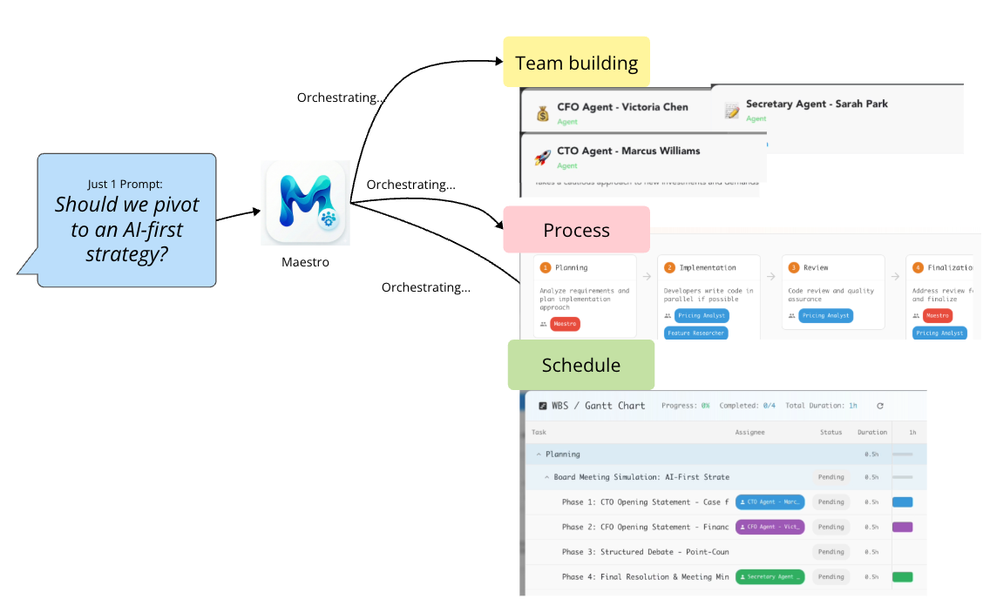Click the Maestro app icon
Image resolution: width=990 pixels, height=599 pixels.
point(305,203)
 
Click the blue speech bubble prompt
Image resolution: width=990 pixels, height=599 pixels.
point(126,220)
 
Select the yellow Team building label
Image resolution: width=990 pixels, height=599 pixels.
point(576,63)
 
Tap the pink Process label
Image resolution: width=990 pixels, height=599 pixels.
point(576,230)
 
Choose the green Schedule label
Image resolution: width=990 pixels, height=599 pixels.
point(580,365)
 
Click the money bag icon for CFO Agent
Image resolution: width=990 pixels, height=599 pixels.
point(542,112)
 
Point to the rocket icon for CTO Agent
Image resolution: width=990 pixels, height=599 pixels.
point(542,157)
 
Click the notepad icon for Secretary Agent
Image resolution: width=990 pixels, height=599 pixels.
point(732,110)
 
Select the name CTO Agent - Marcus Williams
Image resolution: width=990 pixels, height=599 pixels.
point(628,151)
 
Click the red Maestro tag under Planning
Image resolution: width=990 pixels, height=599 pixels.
point(565,324)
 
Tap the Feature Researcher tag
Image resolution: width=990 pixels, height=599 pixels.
point(696,333)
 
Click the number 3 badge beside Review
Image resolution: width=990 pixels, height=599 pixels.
point(794,268)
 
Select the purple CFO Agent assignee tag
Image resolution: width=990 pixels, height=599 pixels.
point(770,527)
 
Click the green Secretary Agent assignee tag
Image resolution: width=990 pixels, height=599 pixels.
point(770,576)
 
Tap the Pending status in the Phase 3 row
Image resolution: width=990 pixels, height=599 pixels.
point(831,551)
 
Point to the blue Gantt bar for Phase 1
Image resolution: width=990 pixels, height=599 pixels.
point(902,502)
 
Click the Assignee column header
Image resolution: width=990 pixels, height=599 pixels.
point(749,432)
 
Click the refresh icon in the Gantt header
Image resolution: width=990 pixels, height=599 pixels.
point(880,406)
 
